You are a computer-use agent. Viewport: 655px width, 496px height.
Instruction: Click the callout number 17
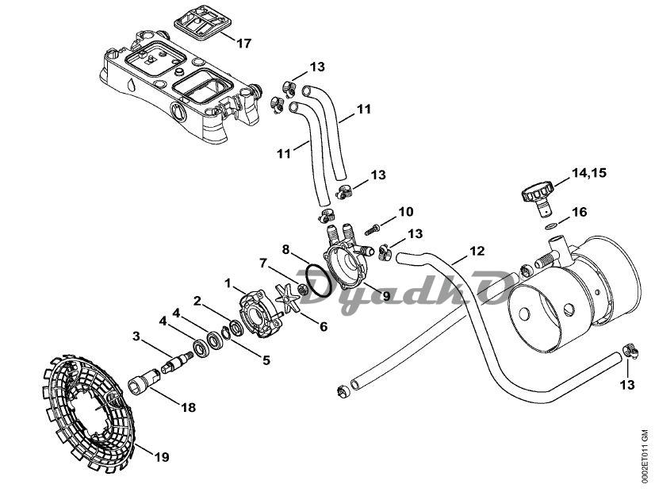(243, 43)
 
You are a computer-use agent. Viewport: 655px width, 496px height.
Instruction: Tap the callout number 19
(161, 457)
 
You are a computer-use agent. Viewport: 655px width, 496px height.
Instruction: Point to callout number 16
(580, 212)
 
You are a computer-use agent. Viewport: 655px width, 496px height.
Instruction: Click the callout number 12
(477, 251)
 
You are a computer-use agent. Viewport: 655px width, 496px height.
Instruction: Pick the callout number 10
(405, 212)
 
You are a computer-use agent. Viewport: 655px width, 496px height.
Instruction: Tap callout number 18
(188, 408)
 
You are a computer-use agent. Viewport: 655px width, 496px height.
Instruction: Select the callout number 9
(386, 296)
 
